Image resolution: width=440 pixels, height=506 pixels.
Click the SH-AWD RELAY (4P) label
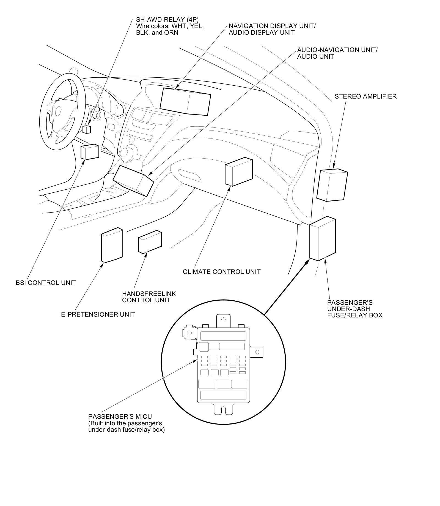pos(167,20)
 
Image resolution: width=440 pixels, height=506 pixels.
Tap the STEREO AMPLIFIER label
pos(365,96)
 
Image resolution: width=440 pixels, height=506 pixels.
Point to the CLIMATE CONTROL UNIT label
pos(222,272)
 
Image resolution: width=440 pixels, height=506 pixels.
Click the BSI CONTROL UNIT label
pos(46,283)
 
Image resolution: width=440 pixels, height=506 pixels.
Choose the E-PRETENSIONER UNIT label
pos(98,314)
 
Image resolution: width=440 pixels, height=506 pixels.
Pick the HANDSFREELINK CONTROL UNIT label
pos(149,297)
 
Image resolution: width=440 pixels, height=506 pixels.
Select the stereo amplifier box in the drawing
pos(332,185)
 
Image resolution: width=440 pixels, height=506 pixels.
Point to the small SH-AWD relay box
pos(87,129)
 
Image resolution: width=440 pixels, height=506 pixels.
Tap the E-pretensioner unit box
pos(112,245)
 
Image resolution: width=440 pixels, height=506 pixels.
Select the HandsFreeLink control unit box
pos(150,241)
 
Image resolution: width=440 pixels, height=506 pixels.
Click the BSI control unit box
pos(90,152)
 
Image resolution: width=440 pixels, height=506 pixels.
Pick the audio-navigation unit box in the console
pos(133,181)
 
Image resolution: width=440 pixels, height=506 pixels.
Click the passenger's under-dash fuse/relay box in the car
pos(322,238)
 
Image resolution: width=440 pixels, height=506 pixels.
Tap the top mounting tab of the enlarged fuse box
pos(223,320)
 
